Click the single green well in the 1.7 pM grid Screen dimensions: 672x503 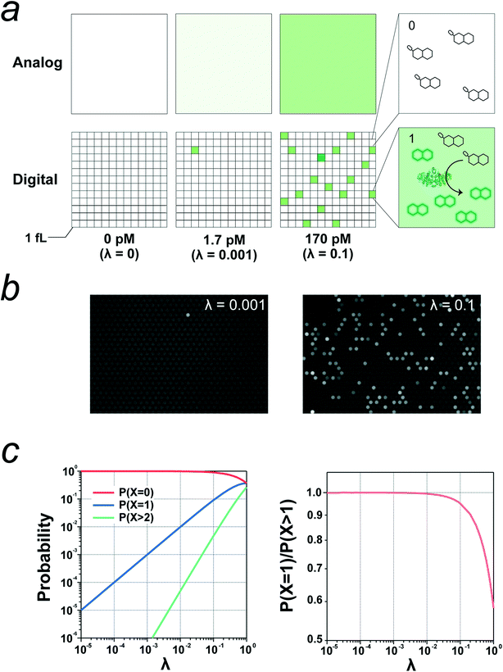tap(194, 150)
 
